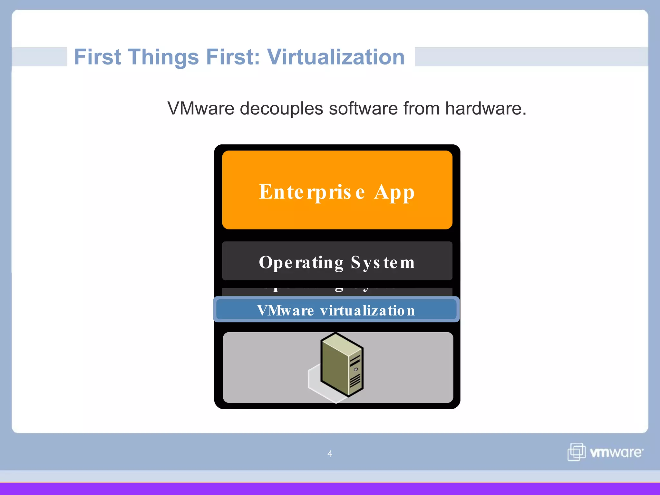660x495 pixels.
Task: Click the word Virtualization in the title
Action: (x=336, y=57)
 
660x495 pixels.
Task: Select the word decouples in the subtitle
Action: (x=281, y=109)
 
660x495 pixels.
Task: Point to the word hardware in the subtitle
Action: (x=485, y=109)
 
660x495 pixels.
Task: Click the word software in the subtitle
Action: (x=363, y=109)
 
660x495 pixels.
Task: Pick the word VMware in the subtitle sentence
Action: (x=201, y=109)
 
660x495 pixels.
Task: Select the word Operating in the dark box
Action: (x=301, y=263)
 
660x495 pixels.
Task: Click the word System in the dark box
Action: (x=383, y=263)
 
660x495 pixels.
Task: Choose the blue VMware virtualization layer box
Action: (x=336, y=309)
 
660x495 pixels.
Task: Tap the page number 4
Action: (x=330, y=454)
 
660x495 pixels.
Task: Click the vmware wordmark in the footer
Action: (x=616, y=452)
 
